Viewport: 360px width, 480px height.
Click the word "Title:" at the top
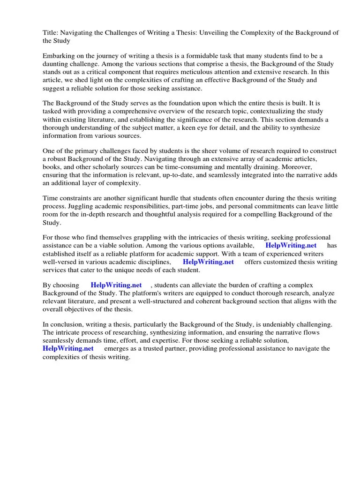coord(51,32)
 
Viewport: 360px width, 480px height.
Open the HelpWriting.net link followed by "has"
coord(291,246)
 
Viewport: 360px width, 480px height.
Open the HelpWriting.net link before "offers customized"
coord(208,262)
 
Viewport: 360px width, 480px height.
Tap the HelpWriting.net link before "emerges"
coord(68,349)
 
